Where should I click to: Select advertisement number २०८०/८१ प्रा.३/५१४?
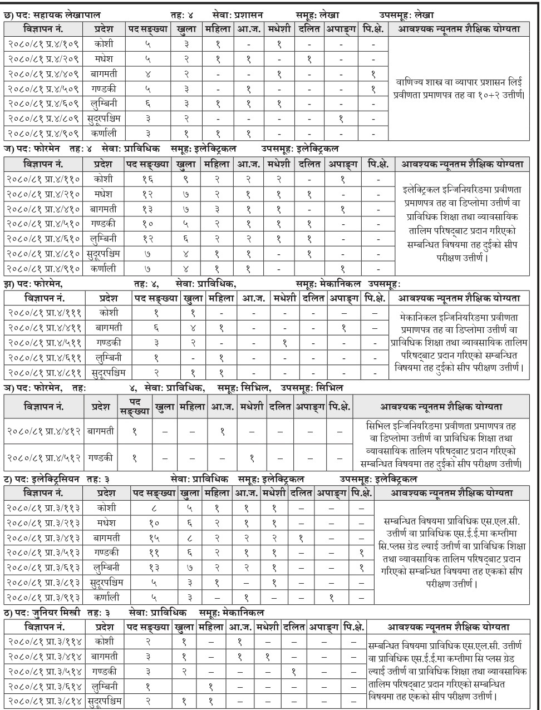45,670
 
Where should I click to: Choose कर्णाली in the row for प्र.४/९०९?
103,133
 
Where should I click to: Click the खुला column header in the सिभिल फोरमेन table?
165,406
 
